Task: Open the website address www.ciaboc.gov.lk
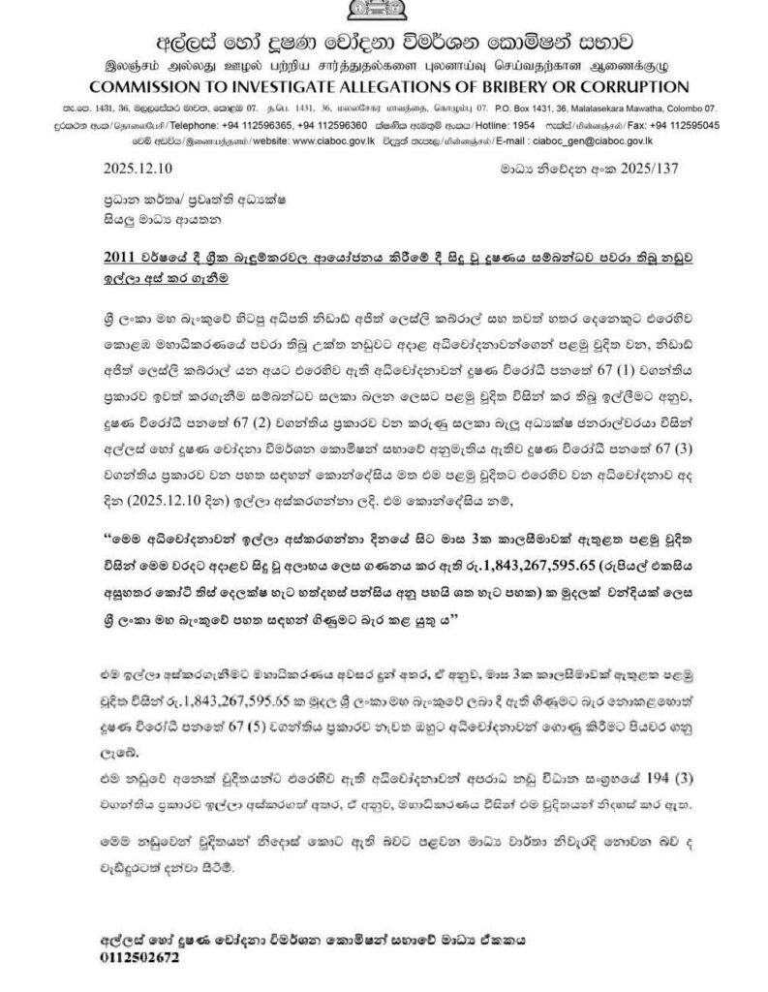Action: point(342,139)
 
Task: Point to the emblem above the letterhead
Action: point(383,9)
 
